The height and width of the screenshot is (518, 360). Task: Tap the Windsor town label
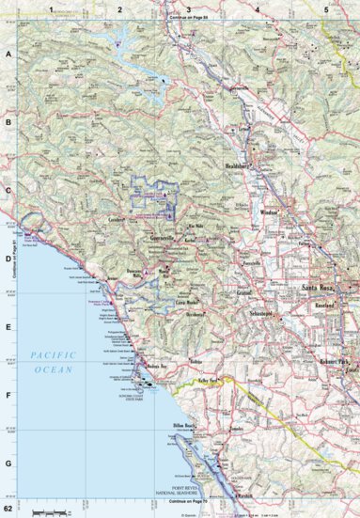point(269,213)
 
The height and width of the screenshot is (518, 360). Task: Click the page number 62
point(8,509)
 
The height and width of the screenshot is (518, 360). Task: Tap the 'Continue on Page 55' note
point(189,18)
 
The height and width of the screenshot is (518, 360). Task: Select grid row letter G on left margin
point(8,463)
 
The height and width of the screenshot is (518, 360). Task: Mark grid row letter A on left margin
point(8,55)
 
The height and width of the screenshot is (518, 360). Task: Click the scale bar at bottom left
point(49,510)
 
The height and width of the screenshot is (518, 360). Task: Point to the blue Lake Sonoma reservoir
point(122,42)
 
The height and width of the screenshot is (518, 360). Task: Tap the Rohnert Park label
point(335,361)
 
